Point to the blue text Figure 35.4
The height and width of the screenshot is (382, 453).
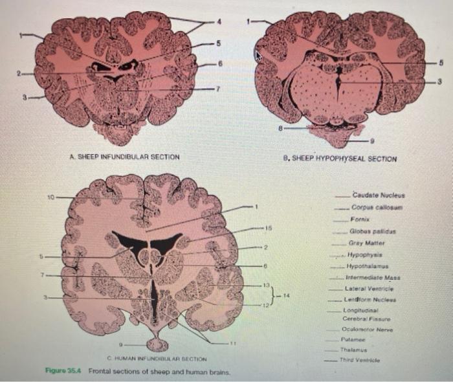tap(63, 372)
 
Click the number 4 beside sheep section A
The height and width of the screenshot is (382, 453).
tap(219, 22)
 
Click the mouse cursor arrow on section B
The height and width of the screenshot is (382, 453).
tap(260, 57)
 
